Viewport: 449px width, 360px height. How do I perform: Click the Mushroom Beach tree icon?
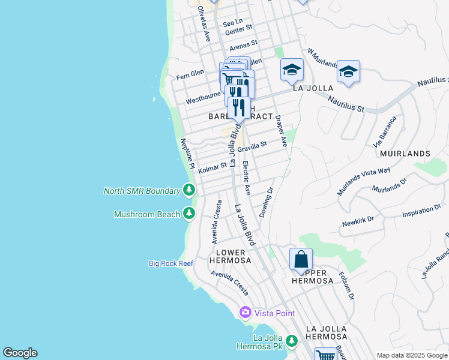(x=189, y=214)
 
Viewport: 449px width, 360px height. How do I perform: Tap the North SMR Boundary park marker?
(x=189, y=191)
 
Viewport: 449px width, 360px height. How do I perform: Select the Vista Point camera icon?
(x=245, y=313)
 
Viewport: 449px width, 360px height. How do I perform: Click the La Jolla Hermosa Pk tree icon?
(x=292, y=341)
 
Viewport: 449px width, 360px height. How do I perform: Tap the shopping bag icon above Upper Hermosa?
(x=301, y=260)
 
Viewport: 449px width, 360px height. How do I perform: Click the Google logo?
(x=20, y=353)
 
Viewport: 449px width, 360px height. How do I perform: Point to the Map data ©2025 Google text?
(x=411, y=355)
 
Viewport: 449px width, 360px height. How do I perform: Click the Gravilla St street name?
(x=252, y=146)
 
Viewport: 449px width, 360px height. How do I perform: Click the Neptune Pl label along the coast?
(x=188, y=152)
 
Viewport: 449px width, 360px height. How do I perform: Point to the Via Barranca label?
(x=385, y=133)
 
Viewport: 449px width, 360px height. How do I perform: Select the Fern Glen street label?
(x=190, y=76)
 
